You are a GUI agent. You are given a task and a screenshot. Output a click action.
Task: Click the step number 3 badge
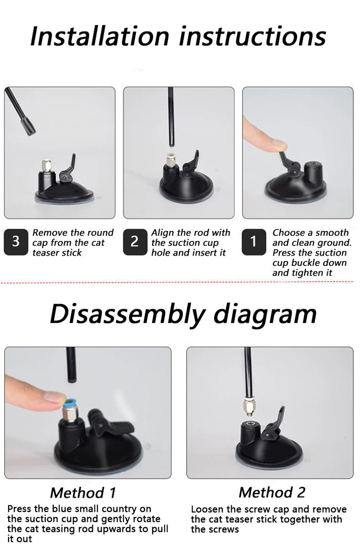tap(16, 242)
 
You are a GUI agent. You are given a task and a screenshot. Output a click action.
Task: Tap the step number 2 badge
tap(135, 242)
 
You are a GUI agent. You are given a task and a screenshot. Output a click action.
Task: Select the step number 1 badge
tap(253, 242)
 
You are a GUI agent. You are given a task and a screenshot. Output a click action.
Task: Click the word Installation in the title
tap(100, 36)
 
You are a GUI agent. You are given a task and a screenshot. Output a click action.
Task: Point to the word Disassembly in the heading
tap(127, 315)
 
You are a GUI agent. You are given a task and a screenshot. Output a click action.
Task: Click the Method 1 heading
tap(83, 493)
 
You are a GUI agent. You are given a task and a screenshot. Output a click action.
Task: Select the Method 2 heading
tap(272, 492)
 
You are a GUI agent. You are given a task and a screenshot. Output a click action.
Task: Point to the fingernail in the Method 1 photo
tap(56, 396)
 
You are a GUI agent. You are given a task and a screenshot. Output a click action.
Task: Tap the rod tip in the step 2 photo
tap(172, 143)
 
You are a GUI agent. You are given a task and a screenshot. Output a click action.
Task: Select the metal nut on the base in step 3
tap(47, 165)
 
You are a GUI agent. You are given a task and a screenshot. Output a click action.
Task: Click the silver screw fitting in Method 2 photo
tap(248, 406)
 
